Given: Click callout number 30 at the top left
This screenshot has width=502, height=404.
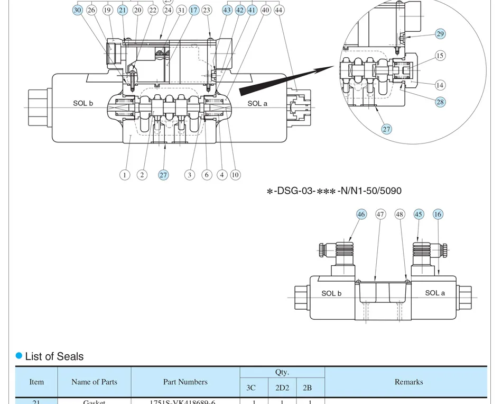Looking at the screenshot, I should click(x=78, y=10).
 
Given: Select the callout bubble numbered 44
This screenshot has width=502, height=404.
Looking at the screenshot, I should click(x=279, y=10).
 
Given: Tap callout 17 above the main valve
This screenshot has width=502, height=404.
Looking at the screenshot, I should click(x=194, y=10).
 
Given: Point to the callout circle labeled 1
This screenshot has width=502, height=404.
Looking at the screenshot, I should click(x=125, y=175).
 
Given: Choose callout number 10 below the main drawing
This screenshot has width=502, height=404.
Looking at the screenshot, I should click(x=235, y=175).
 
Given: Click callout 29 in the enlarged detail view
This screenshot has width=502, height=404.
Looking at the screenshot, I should click(x=440, y=34).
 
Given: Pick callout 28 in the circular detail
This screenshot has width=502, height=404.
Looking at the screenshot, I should click(x=440, y=102).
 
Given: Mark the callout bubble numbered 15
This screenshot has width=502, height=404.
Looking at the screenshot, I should click(x=440, y=56).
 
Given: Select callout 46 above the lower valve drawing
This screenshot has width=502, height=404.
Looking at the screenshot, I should click(x=361, y=214).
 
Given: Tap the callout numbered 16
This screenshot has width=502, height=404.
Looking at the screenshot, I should click(x=438, y=214).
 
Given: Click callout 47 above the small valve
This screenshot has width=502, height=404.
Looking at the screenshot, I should click(x=380, y=214).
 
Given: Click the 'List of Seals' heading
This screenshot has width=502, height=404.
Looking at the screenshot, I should click(x=54, y=356).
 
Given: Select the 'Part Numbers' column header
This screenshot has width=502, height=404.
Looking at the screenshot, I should click(x=185, y=382).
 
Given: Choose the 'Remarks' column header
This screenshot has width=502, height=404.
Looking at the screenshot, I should click(x=408, y=382).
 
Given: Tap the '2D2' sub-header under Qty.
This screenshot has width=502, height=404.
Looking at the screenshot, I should click(x=282, y=388).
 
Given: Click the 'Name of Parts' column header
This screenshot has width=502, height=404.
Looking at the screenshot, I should click(x=94, y=382).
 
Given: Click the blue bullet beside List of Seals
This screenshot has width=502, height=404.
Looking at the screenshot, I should click(x=19, y=356).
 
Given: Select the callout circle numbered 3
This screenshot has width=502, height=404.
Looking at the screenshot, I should click(x=190, y=175).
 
